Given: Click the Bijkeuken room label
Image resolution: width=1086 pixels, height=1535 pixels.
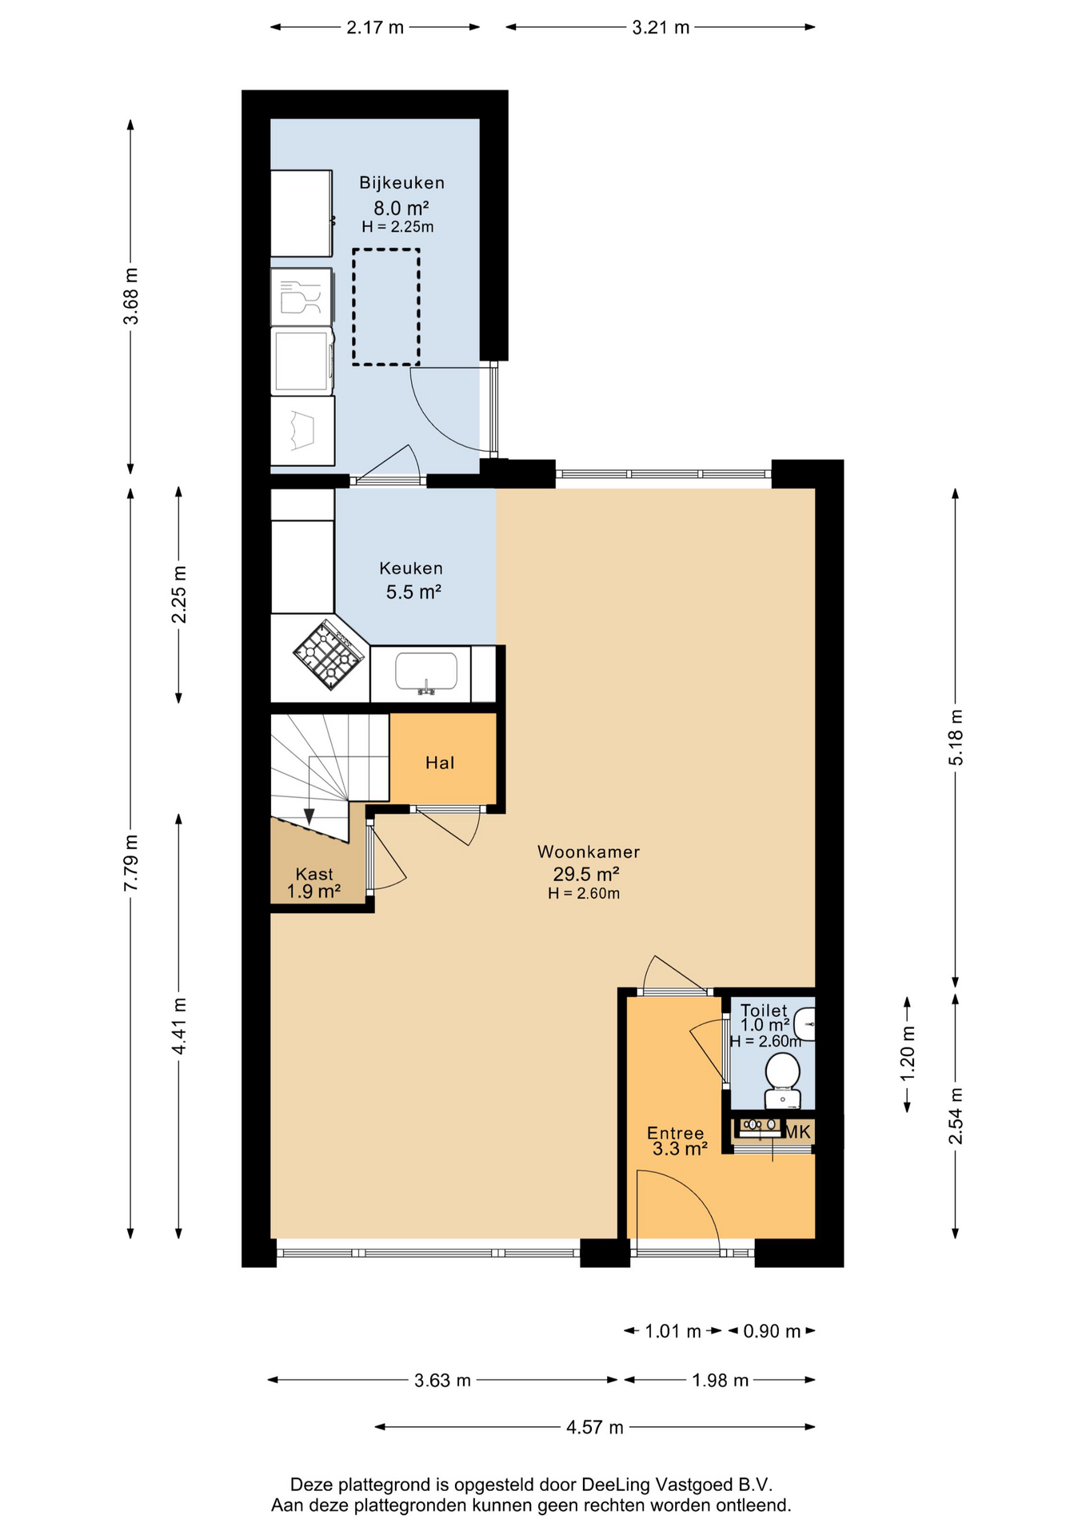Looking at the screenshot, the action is pyautogui.click(x=401, y=183).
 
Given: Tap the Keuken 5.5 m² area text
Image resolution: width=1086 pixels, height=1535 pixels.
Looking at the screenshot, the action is pyautogui.click(x=413, y=592).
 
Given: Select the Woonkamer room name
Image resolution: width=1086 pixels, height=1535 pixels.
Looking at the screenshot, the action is pyautogui.click(x=588, y=852).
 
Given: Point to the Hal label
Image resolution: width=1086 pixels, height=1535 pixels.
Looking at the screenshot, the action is pyautogui.click(x=440, y=763).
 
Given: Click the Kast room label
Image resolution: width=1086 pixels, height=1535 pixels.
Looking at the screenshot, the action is pyautogui.click(x=314, y=874).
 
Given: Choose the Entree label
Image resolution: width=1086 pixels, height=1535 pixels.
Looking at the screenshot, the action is pyautogui.click(x=676, y=1133).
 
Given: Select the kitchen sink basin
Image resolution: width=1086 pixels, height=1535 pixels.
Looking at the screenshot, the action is pyautogui.click(x=426, y=672).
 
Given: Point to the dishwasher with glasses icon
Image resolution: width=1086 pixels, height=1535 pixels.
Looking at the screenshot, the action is pyautogui.click(x=301, y=297).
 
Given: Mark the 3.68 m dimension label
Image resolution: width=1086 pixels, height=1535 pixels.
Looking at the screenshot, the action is pyautogui.click(x=130, y=297).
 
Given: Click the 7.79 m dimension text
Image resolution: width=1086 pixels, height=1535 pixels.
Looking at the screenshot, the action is pyautogui.click(x=130, y=863).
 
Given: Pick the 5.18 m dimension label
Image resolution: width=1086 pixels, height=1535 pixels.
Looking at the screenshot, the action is pyautogui.click(x=956, y=737).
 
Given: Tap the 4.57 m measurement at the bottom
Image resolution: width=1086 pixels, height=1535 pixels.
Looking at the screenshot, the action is pyautogui.click(x=594, y=1428).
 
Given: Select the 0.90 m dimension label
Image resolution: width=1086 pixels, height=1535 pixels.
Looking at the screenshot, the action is pyautogui.click(x=772, y=1331).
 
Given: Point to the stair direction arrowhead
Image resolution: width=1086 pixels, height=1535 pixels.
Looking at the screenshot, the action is pyautogui.click(x=309, y=817).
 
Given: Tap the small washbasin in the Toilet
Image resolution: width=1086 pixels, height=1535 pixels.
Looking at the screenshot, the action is pyautogui.click(x=807, y=1024).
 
